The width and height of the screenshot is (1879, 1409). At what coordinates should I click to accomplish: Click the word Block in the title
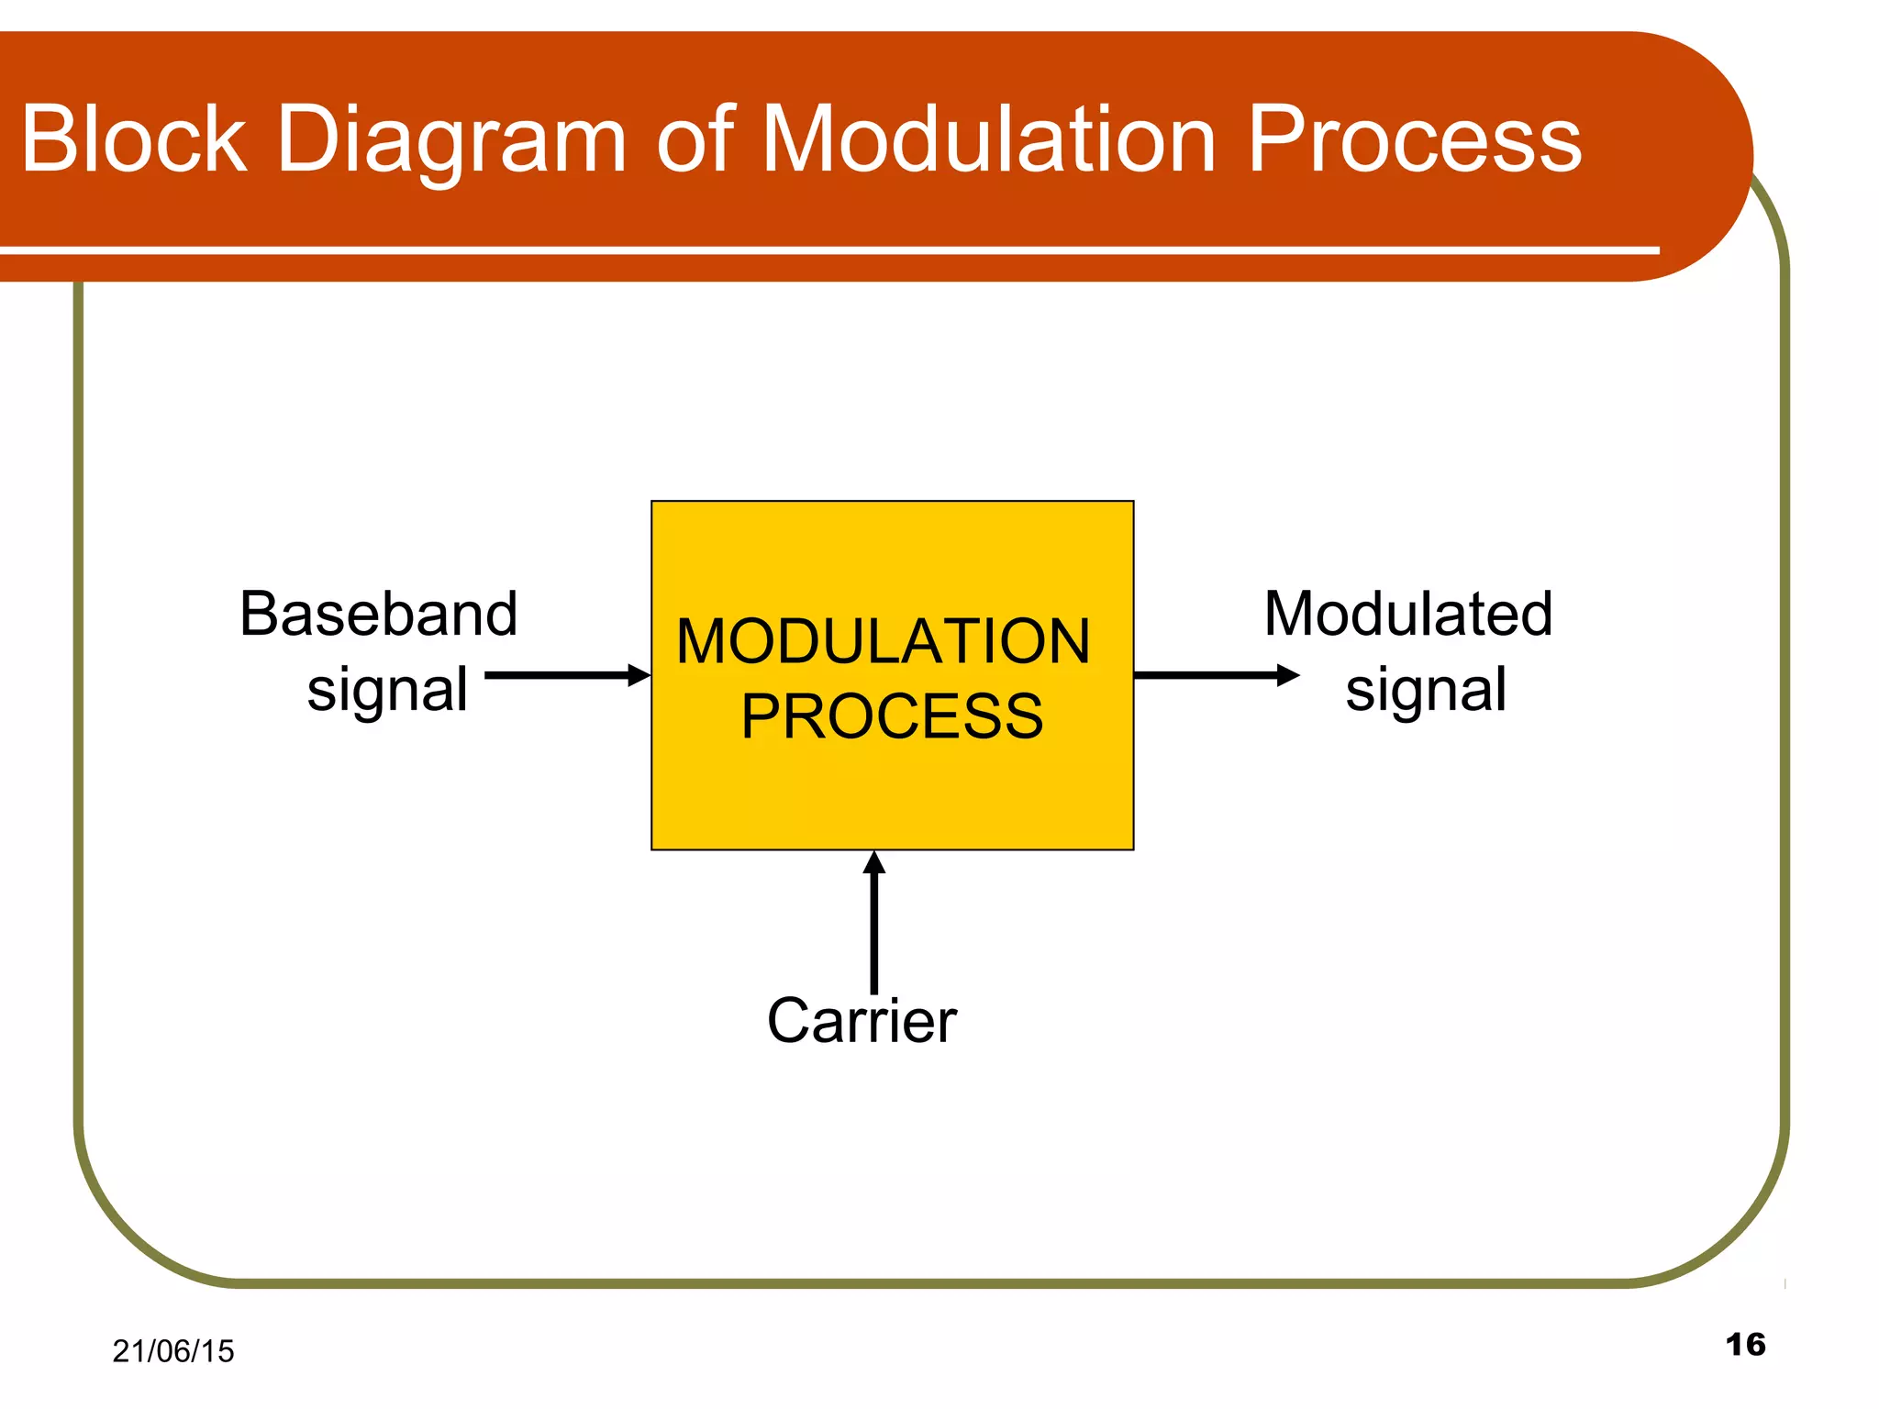134,139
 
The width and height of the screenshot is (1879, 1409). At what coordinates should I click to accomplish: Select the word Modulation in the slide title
989,139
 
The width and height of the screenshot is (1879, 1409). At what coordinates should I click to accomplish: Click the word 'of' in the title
695,139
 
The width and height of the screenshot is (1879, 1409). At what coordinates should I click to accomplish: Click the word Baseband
378,614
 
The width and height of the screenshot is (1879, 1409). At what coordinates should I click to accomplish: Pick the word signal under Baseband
387,691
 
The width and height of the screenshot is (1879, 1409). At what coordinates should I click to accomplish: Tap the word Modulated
1408,614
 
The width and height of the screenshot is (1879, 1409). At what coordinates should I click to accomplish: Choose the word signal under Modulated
1426,691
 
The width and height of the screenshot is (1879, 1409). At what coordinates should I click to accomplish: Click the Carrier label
862,1020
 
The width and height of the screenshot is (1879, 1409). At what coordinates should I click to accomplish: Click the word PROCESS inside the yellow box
892,716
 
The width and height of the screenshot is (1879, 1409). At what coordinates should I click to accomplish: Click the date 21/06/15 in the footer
172,1351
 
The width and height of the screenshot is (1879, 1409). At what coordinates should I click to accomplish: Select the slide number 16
1745,1345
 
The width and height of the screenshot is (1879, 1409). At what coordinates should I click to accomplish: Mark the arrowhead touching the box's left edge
639,676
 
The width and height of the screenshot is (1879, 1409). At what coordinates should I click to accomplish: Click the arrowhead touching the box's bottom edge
874,863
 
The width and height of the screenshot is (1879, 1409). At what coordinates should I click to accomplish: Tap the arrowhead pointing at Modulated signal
1288,676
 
